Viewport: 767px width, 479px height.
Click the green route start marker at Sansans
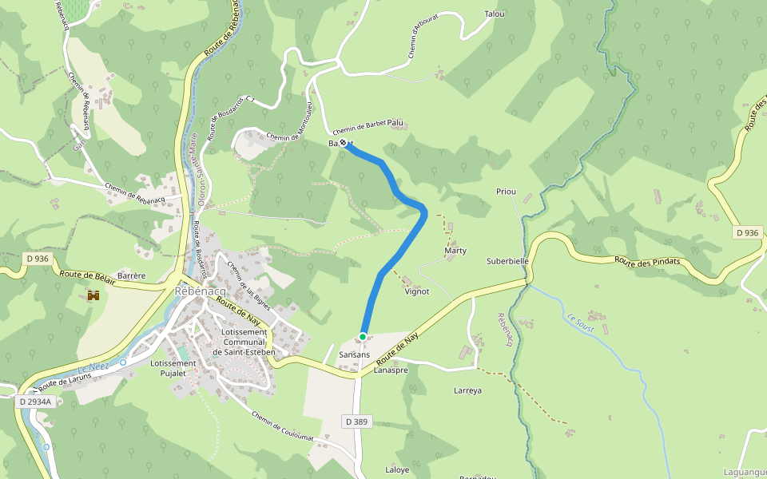(x=363, y=337)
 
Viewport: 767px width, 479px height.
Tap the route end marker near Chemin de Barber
(x=344, y=143)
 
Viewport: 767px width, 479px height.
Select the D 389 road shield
(x=358, y=421)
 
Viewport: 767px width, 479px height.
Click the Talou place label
(x=495, y=14)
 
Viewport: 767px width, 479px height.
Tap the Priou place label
(x=507, y=192)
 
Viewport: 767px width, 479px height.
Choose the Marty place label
(x=455, y=251)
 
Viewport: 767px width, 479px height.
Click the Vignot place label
(x=417, y=291)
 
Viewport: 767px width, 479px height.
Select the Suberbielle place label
(x=508, y=261)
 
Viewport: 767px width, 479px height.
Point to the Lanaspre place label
(x=391, y=370)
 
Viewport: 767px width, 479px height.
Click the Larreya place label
(x=467, y=390)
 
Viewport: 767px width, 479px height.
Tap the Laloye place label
(x=397, y=469)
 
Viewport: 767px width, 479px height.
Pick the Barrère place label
(x=131, y=275)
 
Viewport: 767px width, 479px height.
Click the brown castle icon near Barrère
(x=93, y=295)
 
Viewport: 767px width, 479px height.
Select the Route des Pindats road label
(x=647, y=262)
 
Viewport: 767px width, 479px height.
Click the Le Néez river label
(x=93, y=367)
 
